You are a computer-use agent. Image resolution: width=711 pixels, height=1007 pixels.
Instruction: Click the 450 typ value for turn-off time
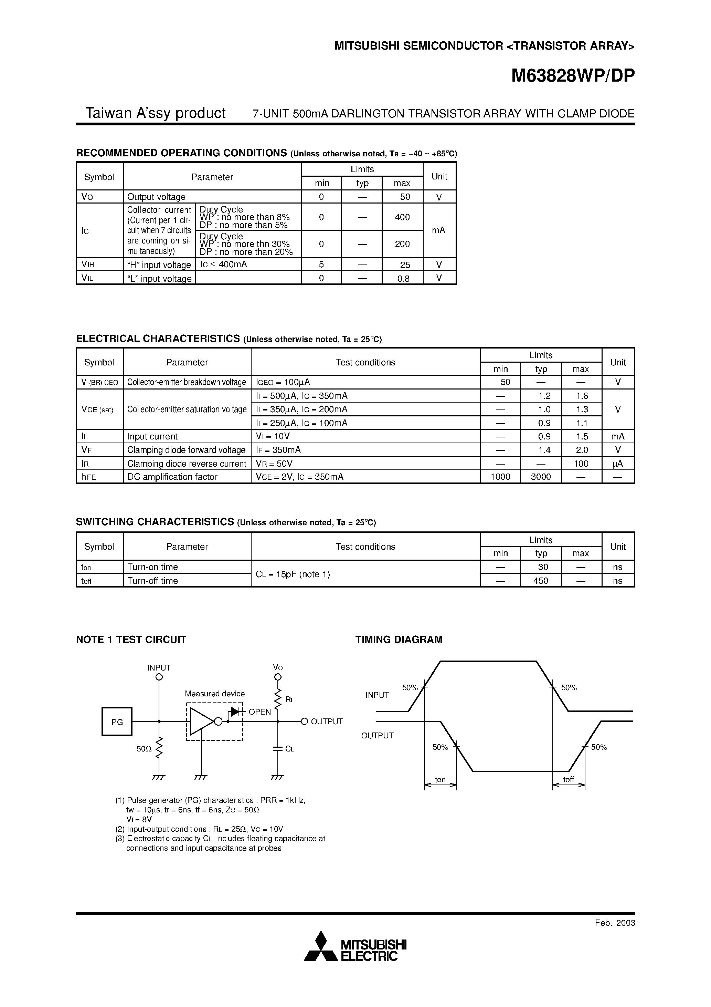[541, 581]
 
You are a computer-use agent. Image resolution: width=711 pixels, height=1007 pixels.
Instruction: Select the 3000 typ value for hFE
[541, 477]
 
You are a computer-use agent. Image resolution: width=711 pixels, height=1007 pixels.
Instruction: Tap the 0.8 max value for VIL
[403, 279]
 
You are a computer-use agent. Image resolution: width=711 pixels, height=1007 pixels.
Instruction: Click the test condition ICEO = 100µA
[283, 382]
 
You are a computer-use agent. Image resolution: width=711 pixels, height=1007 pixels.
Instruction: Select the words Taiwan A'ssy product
[155, 113]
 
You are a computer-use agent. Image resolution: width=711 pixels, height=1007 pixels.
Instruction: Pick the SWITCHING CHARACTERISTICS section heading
[155, 522]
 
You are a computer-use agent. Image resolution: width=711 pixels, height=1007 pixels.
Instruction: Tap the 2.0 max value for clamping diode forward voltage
[582, 450]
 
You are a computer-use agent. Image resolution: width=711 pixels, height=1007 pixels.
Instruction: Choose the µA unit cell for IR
[618, 464]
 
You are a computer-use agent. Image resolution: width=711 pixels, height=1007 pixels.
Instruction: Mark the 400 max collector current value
[402, 217]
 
